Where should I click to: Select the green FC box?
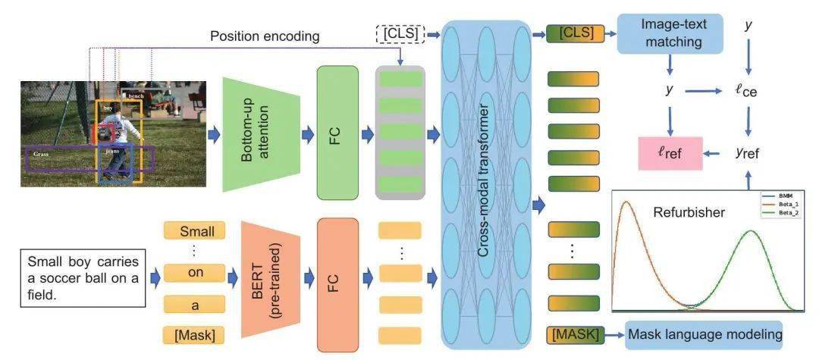(x=337, y=133)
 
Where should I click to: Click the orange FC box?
(x=337, y=283)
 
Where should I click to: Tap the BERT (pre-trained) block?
(x=270, y=281)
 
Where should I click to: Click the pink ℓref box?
(x=670, y=153)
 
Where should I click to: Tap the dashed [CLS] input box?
(x=400, y=34)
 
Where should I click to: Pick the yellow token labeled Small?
(x=195, y=231)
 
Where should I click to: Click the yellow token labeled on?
(x=195, y=273)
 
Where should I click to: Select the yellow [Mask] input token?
(x=195, y=333)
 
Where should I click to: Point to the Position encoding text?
(x=265, y=36)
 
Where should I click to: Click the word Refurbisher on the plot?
(x=689, y=212)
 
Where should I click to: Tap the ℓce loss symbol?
(x=745, y=92)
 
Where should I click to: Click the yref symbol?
(x=747, y=153)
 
